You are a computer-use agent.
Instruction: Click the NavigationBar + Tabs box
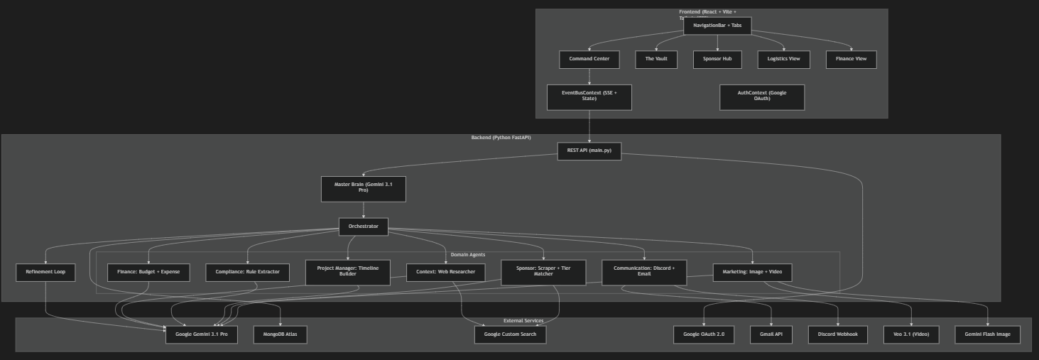click(x=717, y=26)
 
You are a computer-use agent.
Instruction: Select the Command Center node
click(x=589, y=59)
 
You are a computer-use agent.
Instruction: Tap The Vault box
click(x=656, y=59)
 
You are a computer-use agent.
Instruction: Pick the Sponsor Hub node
click(x=717, y=59)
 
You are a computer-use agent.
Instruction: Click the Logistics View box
click(x=783, y=59)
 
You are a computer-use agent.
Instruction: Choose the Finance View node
click(x=851, y=59)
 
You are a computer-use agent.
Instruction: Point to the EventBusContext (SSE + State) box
click(x=589, y=97)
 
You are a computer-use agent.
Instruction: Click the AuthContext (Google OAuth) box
click(x=761, y=97)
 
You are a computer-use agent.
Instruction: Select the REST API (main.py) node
click(x=589, y=151)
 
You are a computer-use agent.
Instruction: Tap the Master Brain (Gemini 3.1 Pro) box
click(x=363, y=188)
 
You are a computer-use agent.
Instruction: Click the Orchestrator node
click(x=363, y=227)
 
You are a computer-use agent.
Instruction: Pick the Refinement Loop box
click(x=45, y=273)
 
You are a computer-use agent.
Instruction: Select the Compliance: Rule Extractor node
click(x=247, y=273)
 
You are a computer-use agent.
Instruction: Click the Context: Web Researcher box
click(x=445, y=273)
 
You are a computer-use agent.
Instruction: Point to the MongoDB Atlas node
click(x=280, y=334)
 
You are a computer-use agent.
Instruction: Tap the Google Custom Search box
click(x=510, y=334)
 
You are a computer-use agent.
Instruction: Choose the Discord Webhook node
click(x=837, y=334)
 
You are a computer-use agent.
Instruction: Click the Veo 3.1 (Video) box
click(x=911, y=334)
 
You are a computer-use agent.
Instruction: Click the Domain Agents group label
click(x=468, y=254)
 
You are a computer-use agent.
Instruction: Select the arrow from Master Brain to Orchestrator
click(x=363, y=209)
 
